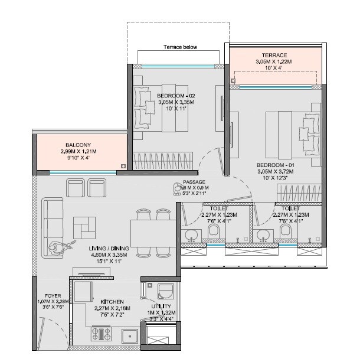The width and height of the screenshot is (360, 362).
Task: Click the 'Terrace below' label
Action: click(x=181, y=47)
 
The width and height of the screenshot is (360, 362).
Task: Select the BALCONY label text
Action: click(x=78, y=145)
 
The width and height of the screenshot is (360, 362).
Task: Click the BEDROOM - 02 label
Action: click(x=175, y=95)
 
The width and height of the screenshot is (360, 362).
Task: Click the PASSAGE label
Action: click(x=194, y=182)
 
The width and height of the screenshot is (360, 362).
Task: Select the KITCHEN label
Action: click(x=112, y=301)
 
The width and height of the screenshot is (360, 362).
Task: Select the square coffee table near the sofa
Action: click(x=84, y=227)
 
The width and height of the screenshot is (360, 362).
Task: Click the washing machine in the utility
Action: click(x=166, y=292)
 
